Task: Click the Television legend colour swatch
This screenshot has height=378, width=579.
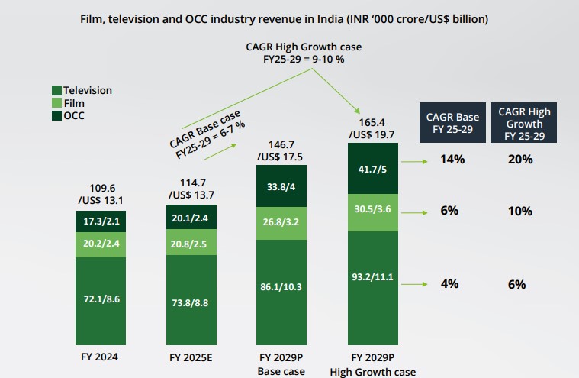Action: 56,90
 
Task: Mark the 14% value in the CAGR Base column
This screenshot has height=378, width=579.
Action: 449,160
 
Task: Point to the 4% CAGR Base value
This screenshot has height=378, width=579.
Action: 449,284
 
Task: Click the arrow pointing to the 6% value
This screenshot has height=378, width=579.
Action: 414,210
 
